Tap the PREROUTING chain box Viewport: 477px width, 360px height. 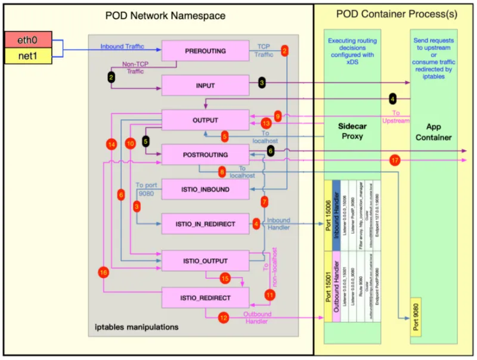pos(205,51)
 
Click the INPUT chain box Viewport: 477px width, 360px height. pos(205,86)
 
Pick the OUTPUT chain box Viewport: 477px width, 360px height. pos(205,120)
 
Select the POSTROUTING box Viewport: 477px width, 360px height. pos(205,154)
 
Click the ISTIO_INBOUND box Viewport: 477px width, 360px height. pos(205,190)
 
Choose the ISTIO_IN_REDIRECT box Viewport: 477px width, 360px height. pos(205,224)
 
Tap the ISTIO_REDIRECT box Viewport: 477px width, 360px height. pos(205,296)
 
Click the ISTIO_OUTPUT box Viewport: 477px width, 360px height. pos(205,260)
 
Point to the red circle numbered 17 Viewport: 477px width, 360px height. pos(395,160)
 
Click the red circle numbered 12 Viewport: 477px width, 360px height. pos(224,318)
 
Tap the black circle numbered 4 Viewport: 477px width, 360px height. pos(392,98)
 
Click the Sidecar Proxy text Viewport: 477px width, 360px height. pos(349,132)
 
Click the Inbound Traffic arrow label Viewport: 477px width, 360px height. pos(121,46)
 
